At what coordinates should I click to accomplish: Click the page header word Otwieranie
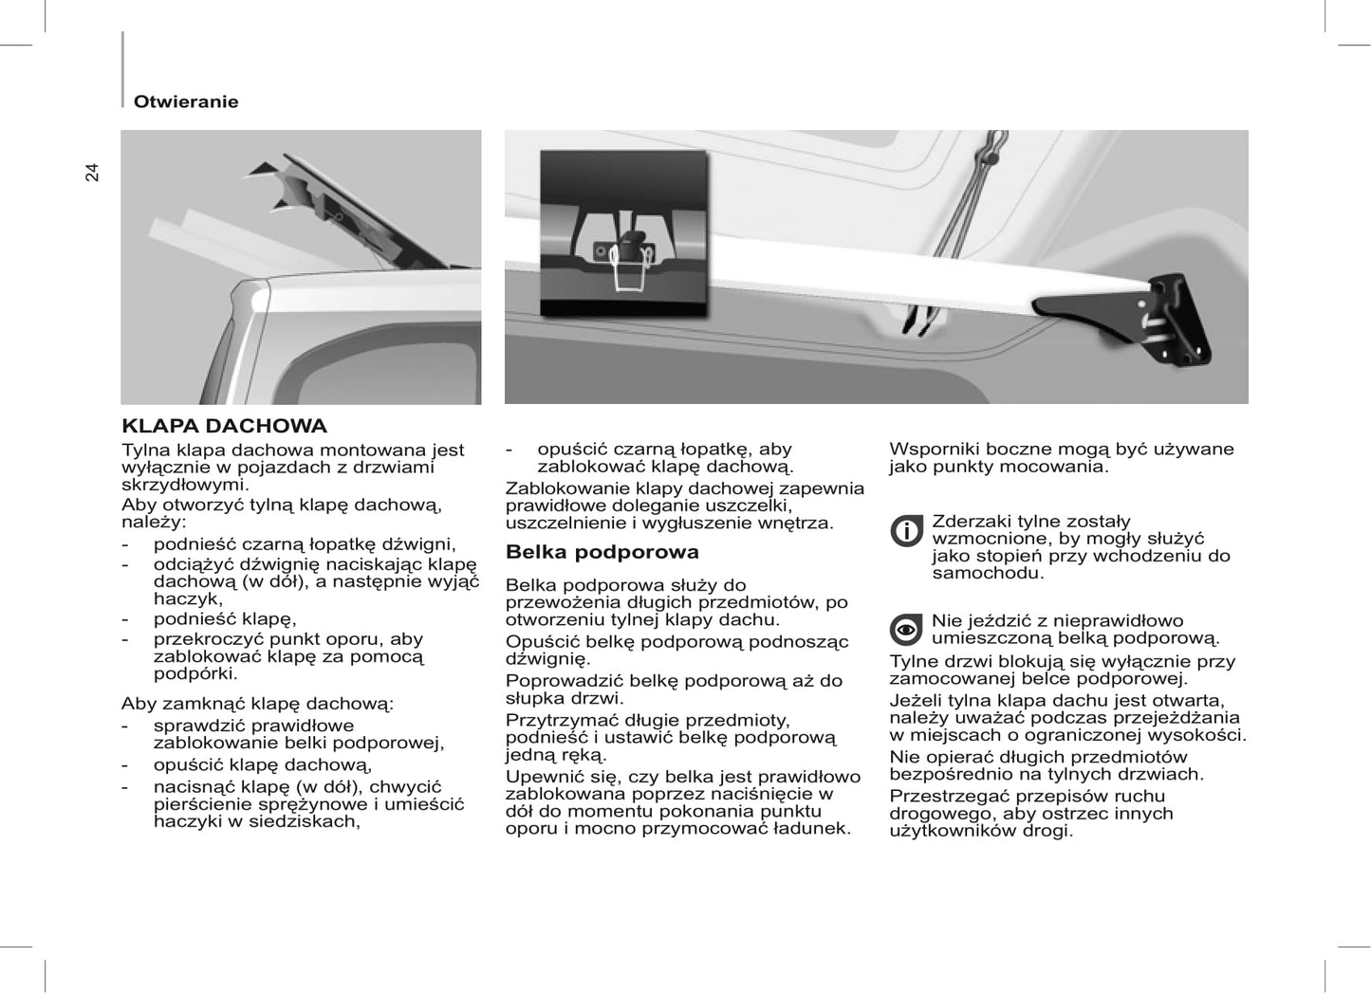pos(186,101)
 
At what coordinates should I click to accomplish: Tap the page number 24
pos(92,172)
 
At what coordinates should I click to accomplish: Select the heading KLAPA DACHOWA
pos(224,426)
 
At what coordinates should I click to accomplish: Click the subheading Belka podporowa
pos(602,552)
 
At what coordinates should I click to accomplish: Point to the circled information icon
pos(906,531)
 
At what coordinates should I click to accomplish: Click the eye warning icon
pos(906,630)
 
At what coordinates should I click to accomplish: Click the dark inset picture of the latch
pos(623,233)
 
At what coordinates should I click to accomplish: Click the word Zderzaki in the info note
pos(970,522)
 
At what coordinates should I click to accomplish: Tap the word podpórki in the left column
pos(194,673)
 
